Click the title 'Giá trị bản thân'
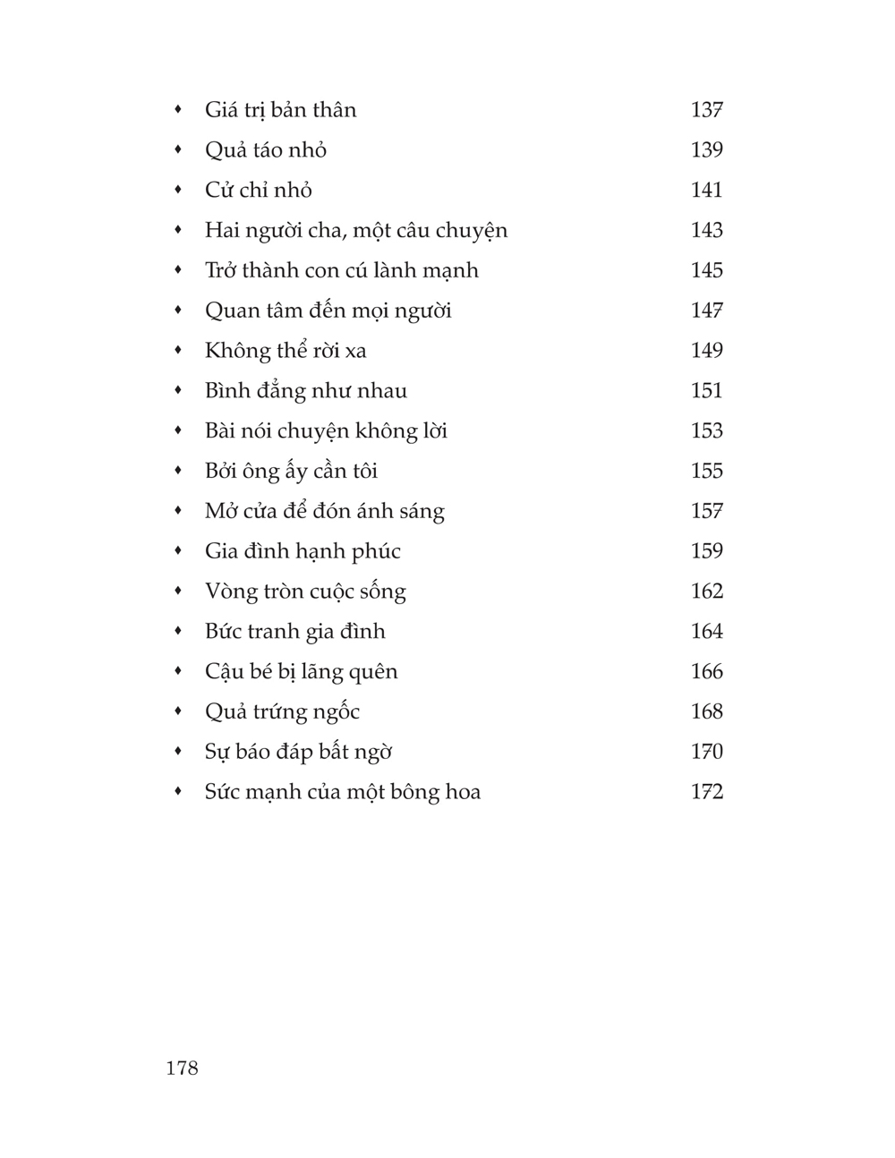(x=280, y=110)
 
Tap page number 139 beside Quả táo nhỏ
(x=706, y=150)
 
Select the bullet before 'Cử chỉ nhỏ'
(x=179, y=190)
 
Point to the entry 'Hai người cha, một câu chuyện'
(x=355, y=231)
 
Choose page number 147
(x=706, y=311)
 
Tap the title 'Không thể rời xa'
(x=286, y=351)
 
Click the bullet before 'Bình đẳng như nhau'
(x=179, y=390)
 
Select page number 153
(x=706, y=431)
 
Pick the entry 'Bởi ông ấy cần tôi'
(x=291, y=471)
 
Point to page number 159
(x=706, y=551)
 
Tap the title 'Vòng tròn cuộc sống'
(x=305, y=592)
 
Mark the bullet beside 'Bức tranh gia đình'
(x=179, y=631)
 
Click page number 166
(x=706, y=672)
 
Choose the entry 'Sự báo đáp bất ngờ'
(x=298, y=752)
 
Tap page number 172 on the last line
(x=706, y=792)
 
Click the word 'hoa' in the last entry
(x=462, y=792)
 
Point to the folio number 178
(x=182, y=1068)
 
